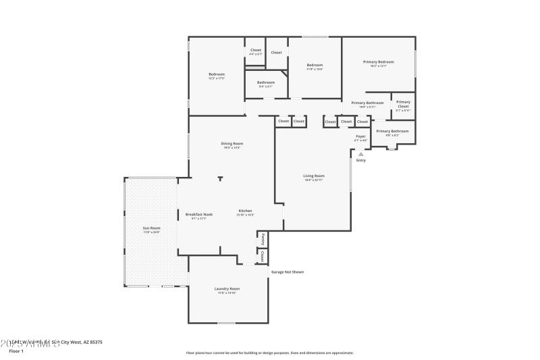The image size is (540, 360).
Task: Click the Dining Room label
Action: (x=232, y=143)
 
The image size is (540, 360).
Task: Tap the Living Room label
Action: (x=314, y=176)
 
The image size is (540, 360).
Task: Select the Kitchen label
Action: (x=244, y=211)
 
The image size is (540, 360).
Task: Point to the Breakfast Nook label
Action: (x=199, y=215)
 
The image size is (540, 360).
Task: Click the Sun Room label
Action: (x=151, y=228)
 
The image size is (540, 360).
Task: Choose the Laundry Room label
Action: (x=227, y=288)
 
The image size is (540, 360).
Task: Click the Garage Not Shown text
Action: (x=288, y=272)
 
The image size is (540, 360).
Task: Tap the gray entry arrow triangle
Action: (x=360, y=154)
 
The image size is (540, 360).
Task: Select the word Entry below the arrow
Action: (x=360, y=160)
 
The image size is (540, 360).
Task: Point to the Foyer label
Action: (x=360, y=136)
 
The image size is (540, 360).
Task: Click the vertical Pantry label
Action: (x=263, y=239)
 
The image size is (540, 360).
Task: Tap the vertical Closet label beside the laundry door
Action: (x=262, y=256)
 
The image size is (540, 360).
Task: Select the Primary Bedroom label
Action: (x=378, y=61)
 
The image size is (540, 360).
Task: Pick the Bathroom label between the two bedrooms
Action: (x=265, y=82)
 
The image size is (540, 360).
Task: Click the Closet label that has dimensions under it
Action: (x=255, y=50)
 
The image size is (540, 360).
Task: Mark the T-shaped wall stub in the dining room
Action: (x=220, y=179)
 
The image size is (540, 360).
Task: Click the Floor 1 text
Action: (x=16, y=351)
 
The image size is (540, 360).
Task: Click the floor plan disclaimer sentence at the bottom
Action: (x=269, y=353)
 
